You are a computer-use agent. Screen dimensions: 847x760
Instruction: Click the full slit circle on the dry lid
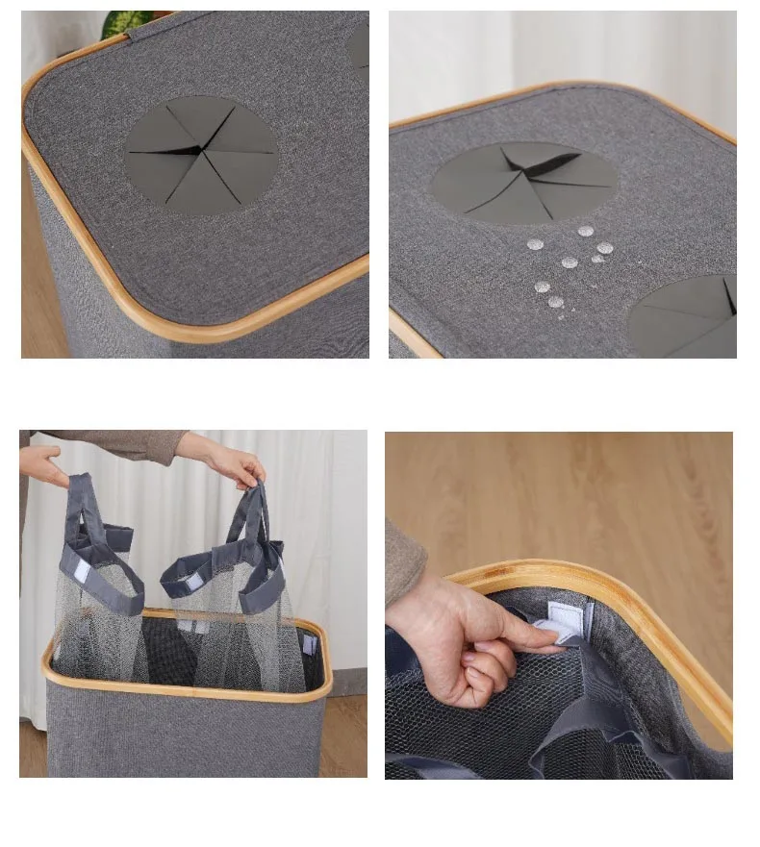[x=201, y=154]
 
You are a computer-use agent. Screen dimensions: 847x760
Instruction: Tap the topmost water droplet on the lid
[x=586, y=231]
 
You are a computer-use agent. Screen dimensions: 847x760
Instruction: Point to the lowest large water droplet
[x=555, y=302]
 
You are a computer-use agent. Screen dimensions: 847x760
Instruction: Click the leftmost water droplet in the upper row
[x=536, y=244]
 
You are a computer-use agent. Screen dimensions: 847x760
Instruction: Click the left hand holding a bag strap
[x=43, y=466]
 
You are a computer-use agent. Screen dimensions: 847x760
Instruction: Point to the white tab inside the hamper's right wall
[x=308, y=643]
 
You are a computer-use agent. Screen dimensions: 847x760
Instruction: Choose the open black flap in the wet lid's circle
[x=548, y=163]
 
